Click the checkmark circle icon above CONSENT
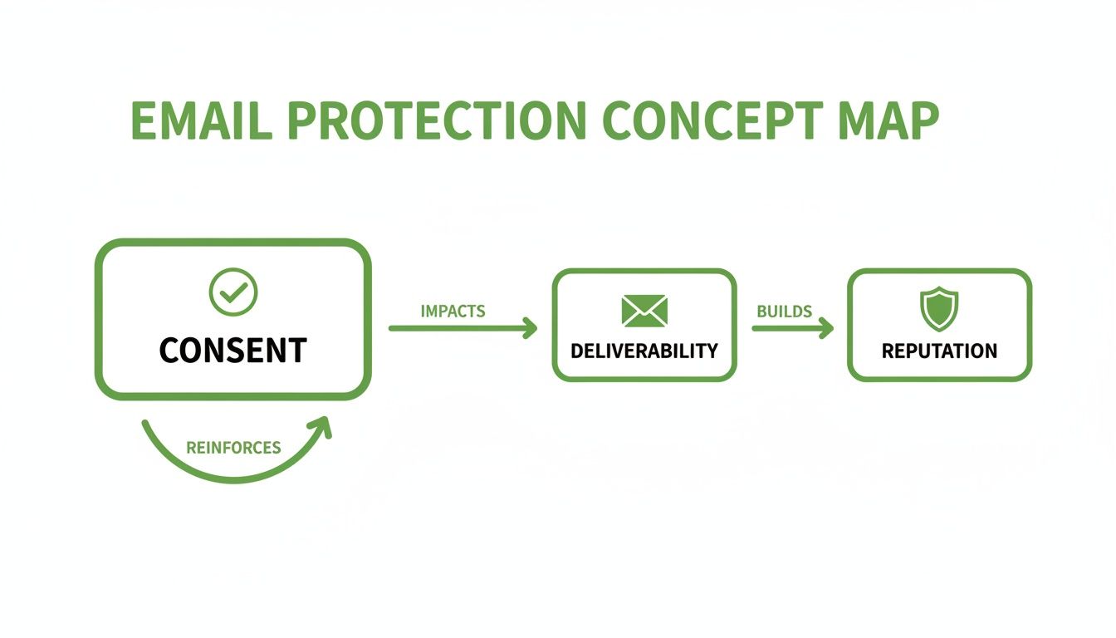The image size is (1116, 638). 233,292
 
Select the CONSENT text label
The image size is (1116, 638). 233,351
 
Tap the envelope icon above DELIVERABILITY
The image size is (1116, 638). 644,310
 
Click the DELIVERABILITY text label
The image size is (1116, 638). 644,351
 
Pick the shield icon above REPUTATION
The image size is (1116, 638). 939,308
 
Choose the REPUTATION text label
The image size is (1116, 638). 939,351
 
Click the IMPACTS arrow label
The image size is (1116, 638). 453,312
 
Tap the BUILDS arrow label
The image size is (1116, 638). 784,312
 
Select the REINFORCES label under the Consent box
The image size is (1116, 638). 233,448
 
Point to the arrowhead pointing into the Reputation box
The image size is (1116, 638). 825,329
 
